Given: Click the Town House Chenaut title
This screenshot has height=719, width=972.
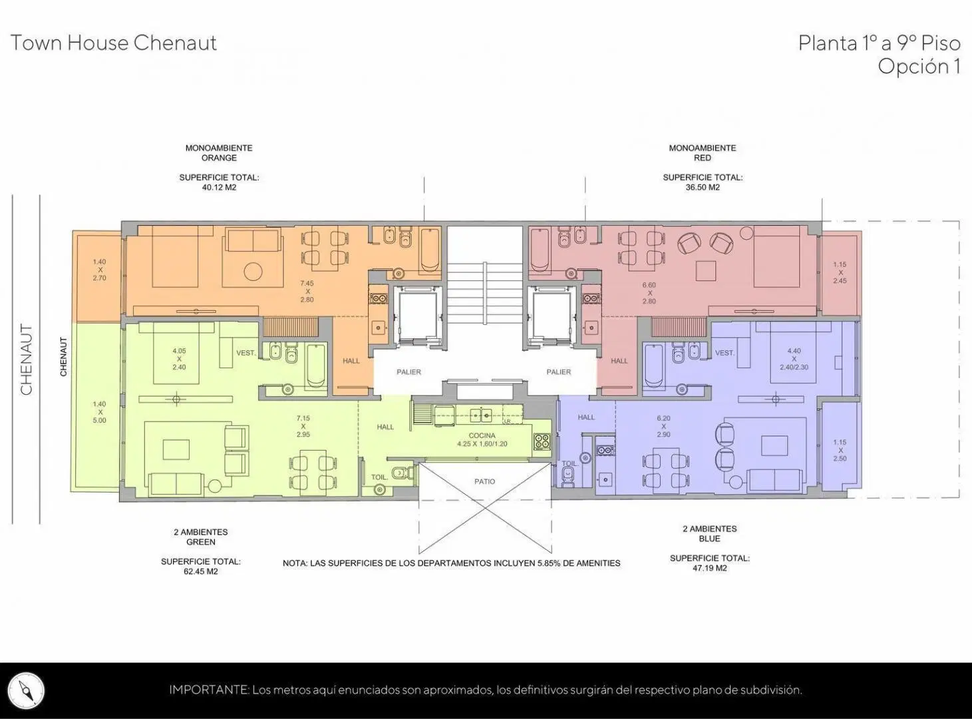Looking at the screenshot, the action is [114, 43].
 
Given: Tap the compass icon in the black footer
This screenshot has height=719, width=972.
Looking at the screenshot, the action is [27, 690].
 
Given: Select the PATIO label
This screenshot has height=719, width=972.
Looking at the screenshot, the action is [485, 481].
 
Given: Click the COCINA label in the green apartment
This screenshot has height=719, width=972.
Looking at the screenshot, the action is [482, 435].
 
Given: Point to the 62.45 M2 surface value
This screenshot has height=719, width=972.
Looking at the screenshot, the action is [201, 572].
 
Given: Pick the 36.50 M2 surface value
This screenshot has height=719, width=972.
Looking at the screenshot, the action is [703, 187].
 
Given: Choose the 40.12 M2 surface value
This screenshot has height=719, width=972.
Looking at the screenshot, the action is [219, 187].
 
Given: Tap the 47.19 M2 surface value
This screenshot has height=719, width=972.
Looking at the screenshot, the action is [709, 568].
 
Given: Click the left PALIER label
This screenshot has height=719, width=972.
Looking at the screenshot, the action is [409, 372].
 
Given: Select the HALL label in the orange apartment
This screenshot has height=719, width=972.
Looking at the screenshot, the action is [351, 361].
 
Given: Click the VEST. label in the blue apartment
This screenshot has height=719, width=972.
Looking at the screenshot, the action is [725, 353].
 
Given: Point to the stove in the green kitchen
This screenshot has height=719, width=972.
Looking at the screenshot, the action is [542, 442].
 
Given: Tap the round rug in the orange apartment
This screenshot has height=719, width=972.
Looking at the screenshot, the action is [253, 271].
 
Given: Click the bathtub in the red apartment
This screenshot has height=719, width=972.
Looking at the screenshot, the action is [538, 249].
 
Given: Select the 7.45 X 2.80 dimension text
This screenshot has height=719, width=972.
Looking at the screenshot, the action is [307, 292].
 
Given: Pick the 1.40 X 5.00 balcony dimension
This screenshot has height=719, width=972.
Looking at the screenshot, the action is [100, 412].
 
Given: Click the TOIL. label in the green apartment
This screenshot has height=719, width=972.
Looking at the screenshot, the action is [379, 477].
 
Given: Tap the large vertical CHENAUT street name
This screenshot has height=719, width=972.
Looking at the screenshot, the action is [27, 359].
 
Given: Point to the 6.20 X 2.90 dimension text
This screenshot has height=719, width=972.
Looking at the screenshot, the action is [663, 426].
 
